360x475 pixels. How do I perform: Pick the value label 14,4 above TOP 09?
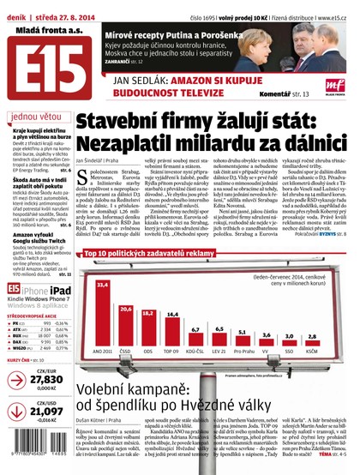(x=171, y=314)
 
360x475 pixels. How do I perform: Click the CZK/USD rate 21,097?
(x=40, y=411)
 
